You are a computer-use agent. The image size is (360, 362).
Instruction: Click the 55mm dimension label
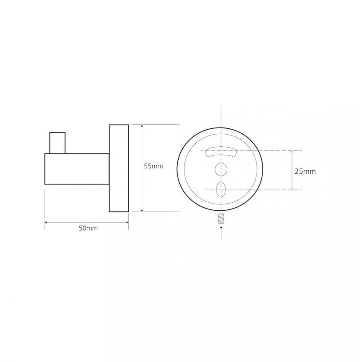tap(153, 166)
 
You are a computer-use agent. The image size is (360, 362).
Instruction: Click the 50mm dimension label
tap(88, 228)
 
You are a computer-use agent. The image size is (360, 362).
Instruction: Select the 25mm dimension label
tap(305, 172)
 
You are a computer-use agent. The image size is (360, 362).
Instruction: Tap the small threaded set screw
tap(221, 218)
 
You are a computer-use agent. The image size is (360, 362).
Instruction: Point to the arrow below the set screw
tap(221, 232)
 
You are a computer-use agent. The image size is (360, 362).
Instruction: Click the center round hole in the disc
tap(221, 169)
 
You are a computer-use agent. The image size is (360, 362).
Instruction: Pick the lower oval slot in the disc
tap(221, 190)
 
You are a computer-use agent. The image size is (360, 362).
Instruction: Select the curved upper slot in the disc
tap(221, 152)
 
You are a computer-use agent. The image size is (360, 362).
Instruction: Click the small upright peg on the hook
tap(58, 143)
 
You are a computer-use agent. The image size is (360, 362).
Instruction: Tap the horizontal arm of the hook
tap(77, 169)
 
